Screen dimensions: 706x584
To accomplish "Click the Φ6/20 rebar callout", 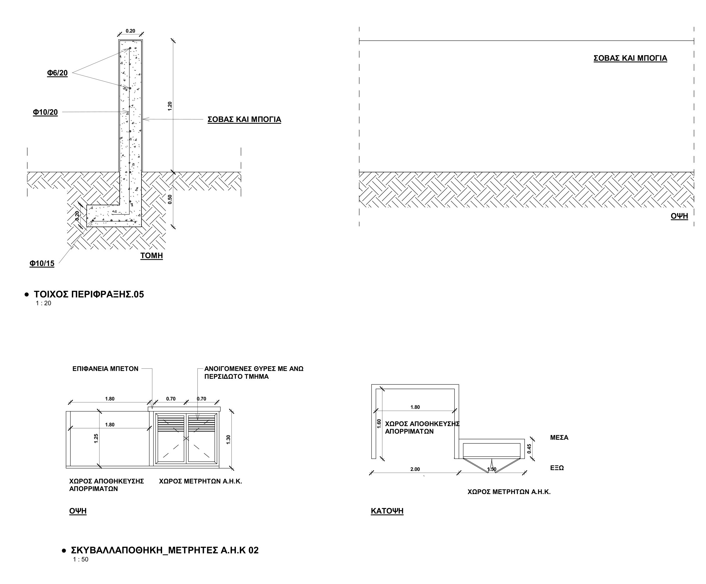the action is (x=57, y=73).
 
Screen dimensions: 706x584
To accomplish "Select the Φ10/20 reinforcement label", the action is (x=45, y=112).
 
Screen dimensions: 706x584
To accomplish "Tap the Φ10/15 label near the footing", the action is (x=42, y=263).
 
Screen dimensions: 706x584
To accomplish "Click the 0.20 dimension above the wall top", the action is (x=130, y=31).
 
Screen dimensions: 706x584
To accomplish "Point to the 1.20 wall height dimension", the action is (x=170, y=106).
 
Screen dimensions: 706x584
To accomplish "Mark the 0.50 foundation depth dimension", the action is (x=170, y=199).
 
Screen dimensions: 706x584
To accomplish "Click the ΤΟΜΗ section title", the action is (x=152, y=256).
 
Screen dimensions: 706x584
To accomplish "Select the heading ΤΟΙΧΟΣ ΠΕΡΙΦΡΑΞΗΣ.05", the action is (x=89, y=295).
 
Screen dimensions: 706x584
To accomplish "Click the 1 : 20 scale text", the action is (x=43, y=303).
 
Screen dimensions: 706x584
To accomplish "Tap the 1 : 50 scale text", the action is (x=81, y=559).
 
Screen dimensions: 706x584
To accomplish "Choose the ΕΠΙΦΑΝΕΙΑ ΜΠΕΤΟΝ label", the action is (x=105, y=369).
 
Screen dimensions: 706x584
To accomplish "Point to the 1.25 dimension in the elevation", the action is (x=96, y=438).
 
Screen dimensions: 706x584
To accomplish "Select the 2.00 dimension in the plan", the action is (x=415, y=469).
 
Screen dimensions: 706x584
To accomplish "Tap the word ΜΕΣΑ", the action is (x=559, y=438).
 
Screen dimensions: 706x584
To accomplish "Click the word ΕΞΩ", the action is (x=557, y=468).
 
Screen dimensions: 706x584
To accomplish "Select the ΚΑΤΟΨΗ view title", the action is (x=387, y=511).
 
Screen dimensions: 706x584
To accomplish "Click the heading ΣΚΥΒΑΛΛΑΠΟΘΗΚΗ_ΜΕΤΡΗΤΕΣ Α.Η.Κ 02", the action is (x=165, y=550).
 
